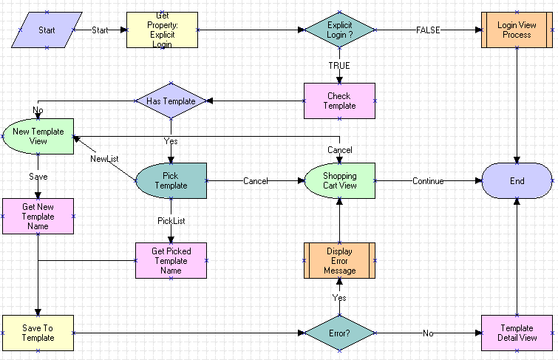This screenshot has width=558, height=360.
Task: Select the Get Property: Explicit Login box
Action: coord(163,30)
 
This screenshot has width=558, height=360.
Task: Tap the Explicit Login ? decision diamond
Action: coord(339,30)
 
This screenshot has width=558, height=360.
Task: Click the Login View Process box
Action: coord(517,30)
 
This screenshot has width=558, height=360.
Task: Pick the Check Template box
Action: coord(339,101)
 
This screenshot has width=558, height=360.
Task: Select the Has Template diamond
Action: coord(171,101)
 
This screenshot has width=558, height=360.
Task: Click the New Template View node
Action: coord(38,136)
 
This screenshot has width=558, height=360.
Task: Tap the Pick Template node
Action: coord(171,181)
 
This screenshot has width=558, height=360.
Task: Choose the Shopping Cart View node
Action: coord(339,181)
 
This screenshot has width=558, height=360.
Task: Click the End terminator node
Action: coord(517,181)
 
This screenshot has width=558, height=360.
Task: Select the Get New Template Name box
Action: coord(38,217)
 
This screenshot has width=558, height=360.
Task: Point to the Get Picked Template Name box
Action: coord(171,261)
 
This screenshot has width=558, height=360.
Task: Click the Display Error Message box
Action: coord(339,261)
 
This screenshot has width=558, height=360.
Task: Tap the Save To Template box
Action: coord(38,333)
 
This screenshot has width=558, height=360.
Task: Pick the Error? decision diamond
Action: coord(339,333)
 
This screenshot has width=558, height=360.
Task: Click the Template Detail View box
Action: coord(517,333)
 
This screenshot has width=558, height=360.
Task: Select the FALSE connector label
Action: coord(429,30)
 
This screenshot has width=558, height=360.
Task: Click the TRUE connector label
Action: coord(339,66)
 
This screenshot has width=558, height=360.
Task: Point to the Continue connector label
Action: coord(428,181)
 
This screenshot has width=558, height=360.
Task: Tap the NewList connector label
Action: coord(104,158)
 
